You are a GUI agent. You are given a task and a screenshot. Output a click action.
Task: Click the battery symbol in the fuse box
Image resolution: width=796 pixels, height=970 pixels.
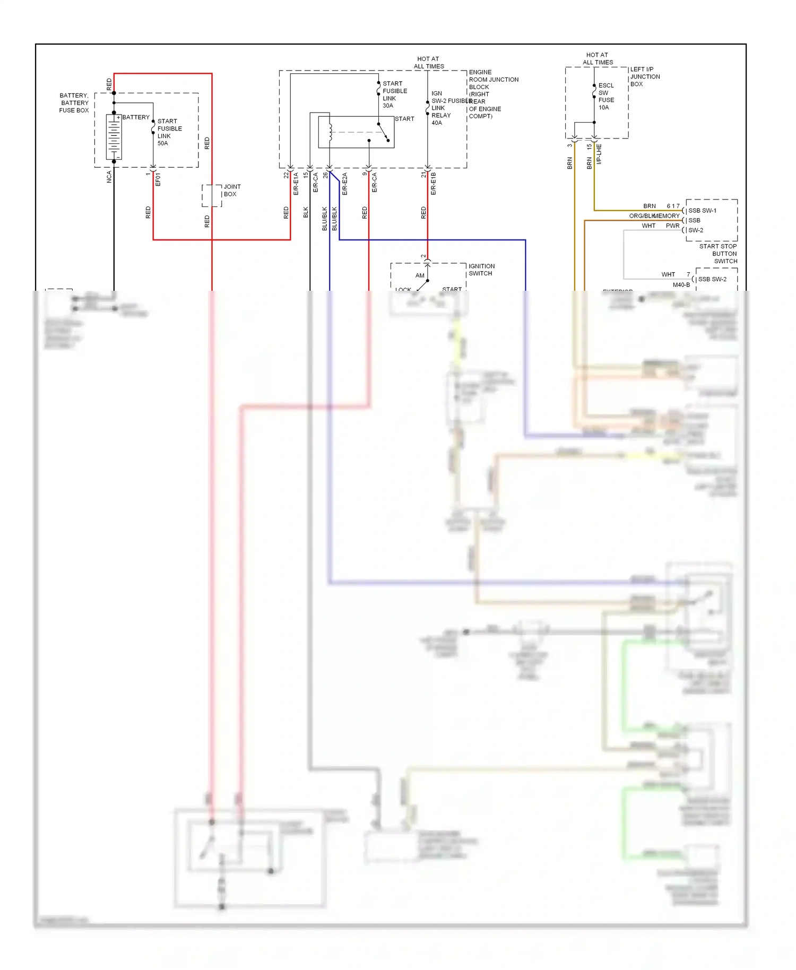pyautogui.click(x=114, y=136)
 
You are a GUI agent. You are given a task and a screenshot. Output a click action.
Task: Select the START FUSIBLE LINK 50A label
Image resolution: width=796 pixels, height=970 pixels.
pyautogui.click(x=169, y=132)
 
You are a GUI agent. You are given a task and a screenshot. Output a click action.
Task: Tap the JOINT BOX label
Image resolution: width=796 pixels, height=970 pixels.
pyautogui.click(x=232, y=190)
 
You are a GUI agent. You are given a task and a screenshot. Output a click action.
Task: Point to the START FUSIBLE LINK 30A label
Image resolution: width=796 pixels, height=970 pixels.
pyautogui.click(x=394, y=94)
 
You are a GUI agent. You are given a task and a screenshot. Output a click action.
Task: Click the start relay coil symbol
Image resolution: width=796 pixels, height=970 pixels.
pyautogui.click(x=330, y=132)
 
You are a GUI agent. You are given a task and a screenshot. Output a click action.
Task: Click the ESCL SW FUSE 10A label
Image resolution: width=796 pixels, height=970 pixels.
pyautogui.click(x=605, y=97)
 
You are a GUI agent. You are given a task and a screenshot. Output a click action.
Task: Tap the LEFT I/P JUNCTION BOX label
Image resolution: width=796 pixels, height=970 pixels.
pyautogui.click(x=644, y=77)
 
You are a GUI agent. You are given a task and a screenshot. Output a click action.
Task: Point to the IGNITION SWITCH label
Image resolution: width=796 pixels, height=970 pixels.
pyautogui.click(x=481, y=270)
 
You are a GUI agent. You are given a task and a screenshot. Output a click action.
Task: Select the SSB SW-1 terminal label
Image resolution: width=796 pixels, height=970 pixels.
pyautogui.click(x=702, y=211)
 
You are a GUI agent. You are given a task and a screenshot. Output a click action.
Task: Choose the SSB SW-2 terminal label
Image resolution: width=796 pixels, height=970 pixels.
pyautogui.click(x=712, y=279)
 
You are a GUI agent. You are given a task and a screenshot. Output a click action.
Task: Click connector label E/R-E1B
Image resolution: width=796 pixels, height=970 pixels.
pyautogui.click(x=434, y=184)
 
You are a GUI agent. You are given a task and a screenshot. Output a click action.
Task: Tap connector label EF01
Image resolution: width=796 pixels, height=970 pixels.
pyautogui.click(x=158, y=179)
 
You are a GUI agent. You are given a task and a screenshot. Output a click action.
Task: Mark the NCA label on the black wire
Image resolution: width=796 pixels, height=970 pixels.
pyautogui.click(x=109, y=177)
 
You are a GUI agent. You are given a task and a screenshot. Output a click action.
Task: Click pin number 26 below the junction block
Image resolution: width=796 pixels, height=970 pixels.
pyautogui.click(x=325, y=175)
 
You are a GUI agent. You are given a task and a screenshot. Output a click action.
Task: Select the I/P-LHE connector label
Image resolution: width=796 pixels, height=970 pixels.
pyautogui.click(x=599, y=154)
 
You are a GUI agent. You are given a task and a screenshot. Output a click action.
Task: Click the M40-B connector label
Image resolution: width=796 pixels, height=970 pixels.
pyautogui.click(x=681, y=285)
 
